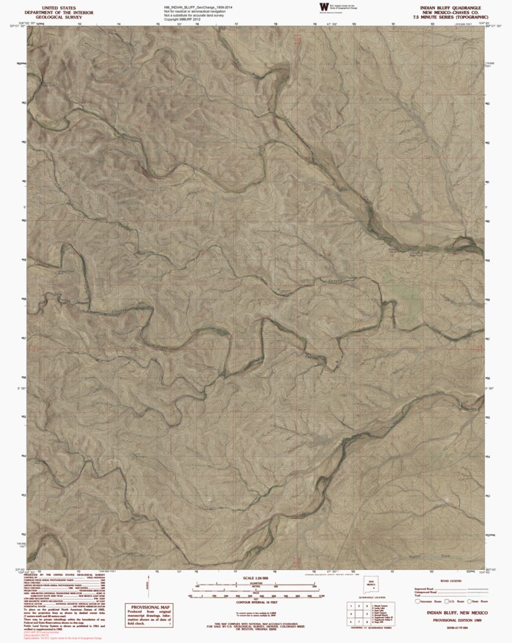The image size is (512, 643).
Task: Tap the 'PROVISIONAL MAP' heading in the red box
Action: tap(151, 607)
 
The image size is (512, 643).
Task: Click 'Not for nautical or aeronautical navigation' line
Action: tap(197, 11)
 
